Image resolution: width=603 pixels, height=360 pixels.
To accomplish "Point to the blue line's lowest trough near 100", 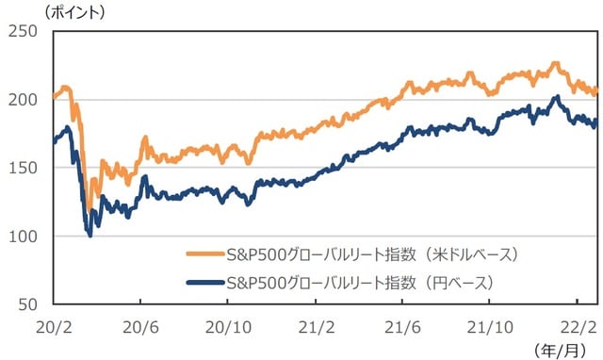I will (90, 235).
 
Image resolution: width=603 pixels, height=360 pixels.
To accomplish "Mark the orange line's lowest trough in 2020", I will (90, 209).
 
